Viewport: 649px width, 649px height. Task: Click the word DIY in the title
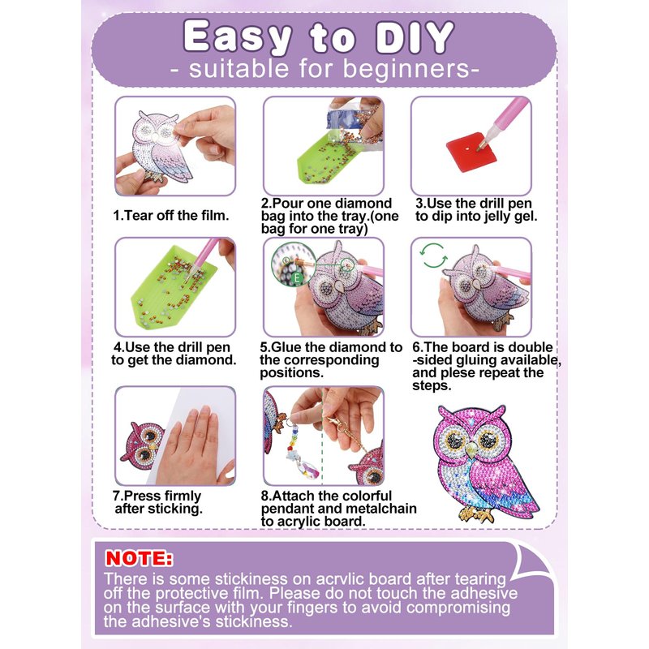(415, 37)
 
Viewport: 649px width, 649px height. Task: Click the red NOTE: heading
(139, 558)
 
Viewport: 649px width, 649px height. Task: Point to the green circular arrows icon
(433, 256)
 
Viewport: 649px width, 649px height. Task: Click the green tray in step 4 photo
(174, 286)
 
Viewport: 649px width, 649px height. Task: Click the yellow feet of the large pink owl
(477, 514)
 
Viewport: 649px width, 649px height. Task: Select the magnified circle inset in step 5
(293, 264)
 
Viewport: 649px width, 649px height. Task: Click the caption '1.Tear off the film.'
(171, 215)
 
